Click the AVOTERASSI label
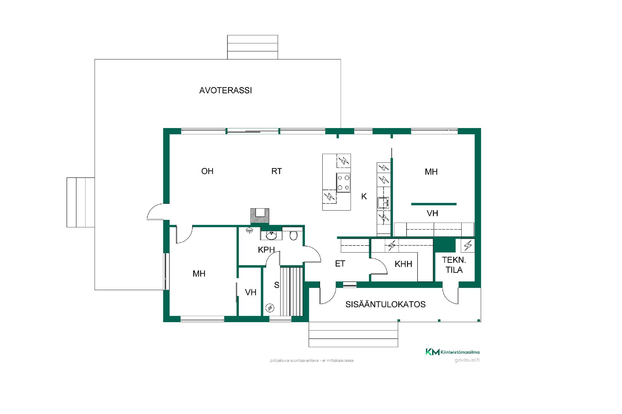pos(225,90)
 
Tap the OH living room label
pos(207,171)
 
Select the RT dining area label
pos(277,171)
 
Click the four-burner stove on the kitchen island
pos(343,183)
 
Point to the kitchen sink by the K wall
pos(383,203)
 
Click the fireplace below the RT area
pos(260,216)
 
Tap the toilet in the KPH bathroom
pos(294,235)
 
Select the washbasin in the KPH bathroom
pos(271,235)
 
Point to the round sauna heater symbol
pos(270,308)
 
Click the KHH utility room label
pos(403,264)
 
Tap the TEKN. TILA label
pos(454,265)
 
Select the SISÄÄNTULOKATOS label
pos(386,304)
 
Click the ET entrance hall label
pos(340,264)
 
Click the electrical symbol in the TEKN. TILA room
pos(468,245)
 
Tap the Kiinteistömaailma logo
pos(452,352)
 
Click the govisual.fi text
pos(467,360)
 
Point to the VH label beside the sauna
pos(251,292)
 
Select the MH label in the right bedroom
pos(431,172)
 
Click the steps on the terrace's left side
pos(81,202)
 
